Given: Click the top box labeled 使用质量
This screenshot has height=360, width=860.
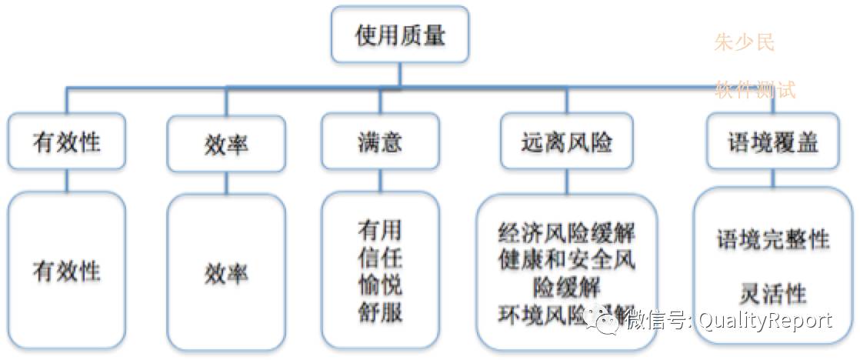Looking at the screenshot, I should pyautogui.click(x=400, y=35).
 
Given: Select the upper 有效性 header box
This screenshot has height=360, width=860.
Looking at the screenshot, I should pyautogui.click(x=67, y=143).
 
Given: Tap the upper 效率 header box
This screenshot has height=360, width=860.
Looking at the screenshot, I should pyautogui.click(x=226, y=143).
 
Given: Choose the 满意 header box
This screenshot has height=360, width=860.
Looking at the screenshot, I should pyautogui.click(x=380, y=142).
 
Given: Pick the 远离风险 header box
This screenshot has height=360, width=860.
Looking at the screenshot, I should pyautogui.click(x=567, y=142).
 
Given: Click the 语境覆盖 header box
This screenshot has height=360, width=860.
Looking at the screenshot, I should pyautogui.click(x=773, y=142).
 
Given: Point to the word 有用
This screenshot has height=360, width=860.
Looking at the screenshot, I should pyautogui.click(x=380, y=230).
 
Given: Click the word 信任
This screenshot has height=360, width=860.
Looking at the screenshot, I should pyautogui.click(x=380, y=258).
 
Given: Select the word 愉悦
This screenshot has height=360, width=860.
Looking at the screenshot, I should pyautogui.click(x=380, y=285).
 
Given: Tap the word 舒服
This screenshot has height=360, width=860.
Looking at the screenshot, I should pyautogui.click(x=380, y=313).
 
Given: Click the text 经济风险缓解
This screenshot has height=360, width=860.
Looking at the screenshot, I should pyautogui.click(x=567, y=233).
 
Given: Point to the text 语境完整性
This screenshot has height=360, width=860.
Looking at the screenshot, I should pyautogui.click(x=773, y=239).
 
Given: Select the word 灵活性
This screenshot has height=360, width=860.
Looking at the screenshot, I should pyautogui.click(x=773, y=293).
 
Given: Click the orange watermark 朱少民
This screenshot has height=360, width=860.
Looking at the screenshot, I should pyautogui.click(x=744, y=42).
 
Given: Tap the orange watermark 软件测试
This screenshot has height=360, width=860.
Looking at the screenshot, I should pyautogui.click(x=755, y=90).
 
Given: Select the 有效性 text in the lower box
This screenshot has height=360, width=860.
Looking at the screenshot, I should pyautogui.click(x=67, y=272).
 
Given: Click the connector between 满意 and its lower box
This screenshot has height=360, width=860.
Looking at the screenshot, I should pyautogui.click(x=380, y=180).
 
